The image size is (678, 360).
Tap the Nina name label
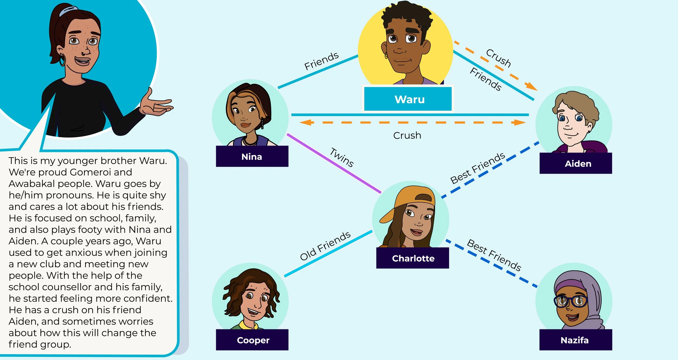point(252,157)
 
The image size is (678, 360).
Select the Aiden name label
point(578,164)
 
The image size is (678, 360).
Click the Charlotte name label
point(413,258)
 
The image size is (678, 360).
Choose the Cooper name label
point(253,340)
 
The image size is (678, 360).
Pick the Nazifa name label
point(575,340)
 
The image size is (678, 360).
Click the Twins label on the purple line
point(342,157)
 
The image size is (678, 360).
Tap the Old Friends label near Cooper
point(325,246)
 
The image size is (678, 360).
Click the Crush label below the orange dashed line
point(407,135)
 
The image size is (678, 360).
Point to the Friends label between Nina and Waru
point(321,61)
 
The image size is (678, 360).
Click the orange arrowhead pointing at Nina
point(305,123)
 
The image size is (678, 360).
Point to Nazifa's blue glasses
point(571,301)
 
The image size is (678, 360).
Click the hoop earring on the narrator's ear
point(62,60)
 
